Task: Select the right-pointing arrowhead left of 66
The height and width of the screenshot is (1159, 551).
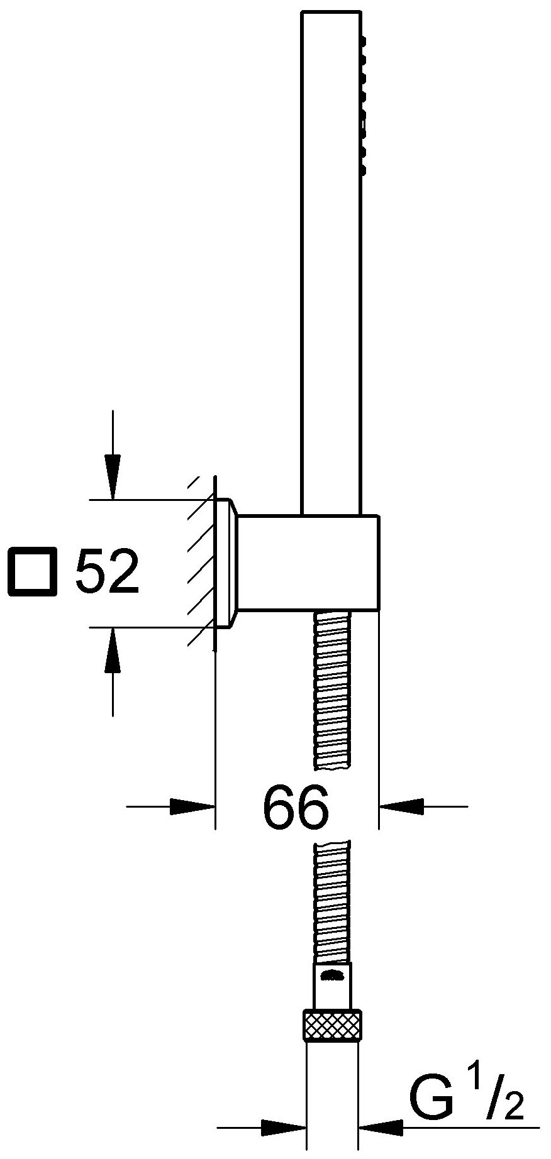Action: [x=192, y=806]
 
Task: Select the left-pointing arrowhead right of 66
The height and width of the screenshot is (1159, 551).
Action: [x=403, y=806]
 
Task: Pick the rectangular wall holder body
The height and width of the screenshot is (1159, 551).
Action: [x=308, y=563]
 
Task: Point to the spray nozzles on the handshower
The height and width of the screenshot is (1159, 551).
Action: [x=362, y=94]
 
